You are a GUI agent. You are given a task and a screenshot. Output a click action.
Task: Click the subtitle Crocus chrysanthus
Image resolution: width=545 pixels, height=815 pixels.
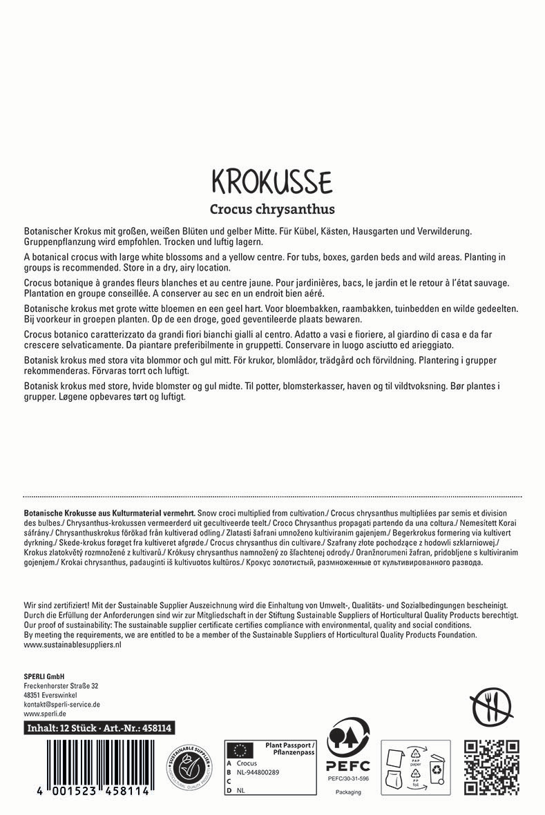272,208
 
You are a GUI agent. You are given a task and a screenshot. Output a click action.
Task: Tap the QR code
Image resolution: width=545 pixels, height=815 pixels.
491,766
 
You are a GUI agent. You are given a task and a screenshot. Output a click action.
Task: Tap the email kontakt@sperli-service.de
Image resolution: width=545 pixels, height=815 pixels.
62,705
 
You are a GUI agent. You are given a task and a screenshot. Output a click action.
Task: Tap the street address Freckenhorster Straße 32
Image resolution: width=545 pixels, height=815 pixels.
61,685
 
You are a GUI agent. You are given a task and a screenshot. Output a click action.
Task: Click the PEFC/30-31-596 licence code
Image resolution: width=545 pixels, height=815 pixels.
348,778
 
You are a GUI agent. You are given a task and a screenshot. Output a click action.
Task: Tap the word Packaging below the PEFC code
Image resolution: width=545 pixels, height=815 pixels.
348,792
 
